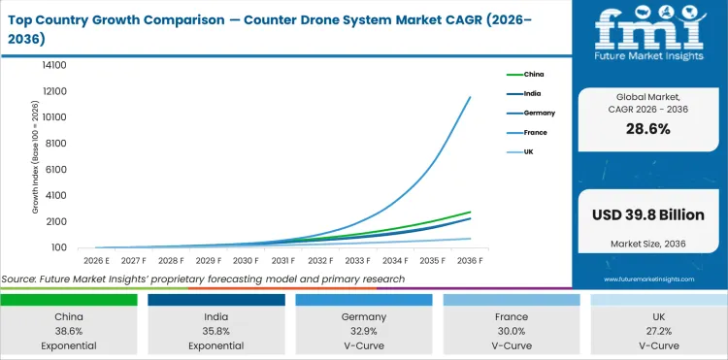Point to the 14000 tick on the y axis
point(53,65)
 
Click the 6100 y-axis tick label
point(56,169)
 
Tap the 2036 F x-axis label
point(471,261)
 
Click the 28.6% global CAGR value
point(648,129)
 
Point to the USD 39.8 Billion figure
point(648,213)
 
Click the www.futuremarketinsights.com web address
point(648,278)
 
